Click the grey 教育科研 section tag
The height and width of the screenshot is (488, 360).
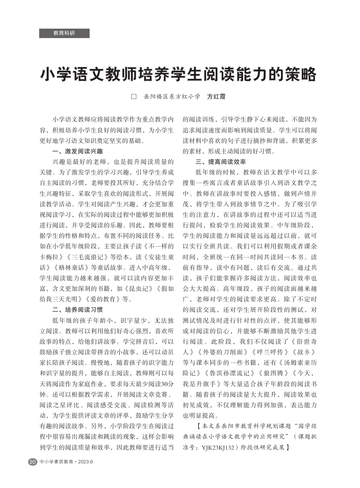(64, 33)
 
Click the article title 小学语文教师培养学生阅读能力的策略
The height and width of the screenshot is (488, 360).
(178, 75)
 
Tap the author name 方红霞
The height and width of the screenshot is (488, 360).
(216, 97)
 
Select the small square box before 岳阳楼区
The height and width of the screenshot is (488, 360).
(134, 97)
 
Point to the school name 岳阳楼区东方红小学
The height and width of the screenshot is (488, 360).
(172, 97)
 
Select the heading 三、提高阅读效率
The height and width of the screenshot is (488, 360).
(220, 162)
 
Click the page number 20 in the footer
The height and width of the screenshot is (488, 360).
(33, 462)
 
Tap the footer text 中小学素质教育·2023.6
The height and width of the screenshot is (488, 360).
(66, 462)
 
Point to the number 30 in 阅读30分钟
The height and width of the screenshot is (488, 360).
(164, 384)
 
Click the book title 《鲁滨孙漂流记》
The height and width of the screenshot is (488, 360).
(228, 373)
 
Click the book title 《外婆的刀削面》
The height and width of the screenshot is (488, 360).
(218, 352)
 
